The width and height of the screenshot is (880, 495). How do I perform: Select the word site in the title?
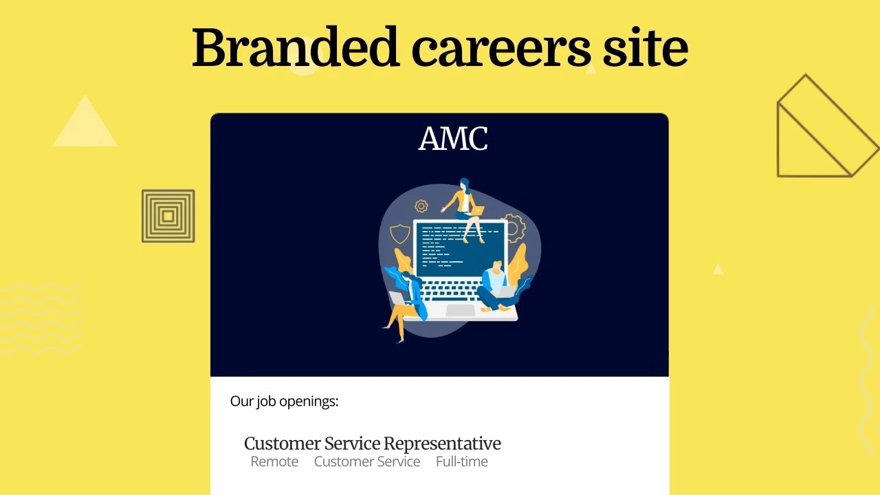pos(646,47)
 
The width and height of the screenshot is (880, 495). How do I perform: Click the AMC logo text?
pos(453,138)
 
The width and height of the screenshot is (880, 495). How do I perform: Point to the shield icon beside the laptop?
pos(400,234)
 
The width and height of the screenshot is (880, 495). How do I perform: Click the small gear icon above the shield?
pos(421,206)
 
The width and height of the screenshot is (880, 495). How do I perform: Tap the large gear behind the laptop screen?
pos(516,228)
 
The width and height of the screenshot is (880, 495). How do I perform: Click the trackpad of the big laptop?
pos(461,310)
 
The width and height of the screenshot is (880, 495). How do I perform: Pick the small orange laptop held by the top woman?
pos(477,211)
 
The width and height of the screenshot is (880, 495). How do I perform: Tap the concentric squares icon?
pos(168,216)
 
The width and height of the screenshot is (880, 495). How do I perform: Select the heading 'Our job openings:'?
pos(284,401)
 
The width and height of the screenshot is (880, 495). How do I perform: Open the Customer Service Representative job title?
pos(373,443)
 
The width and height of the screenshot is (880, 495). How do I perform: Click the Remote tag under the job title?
pos(274,461)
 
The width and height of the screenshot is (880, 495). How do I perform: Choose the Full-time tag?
pos(462,461)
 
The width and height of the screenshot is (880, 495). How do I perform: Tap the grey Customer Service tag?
pos(367,461)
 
